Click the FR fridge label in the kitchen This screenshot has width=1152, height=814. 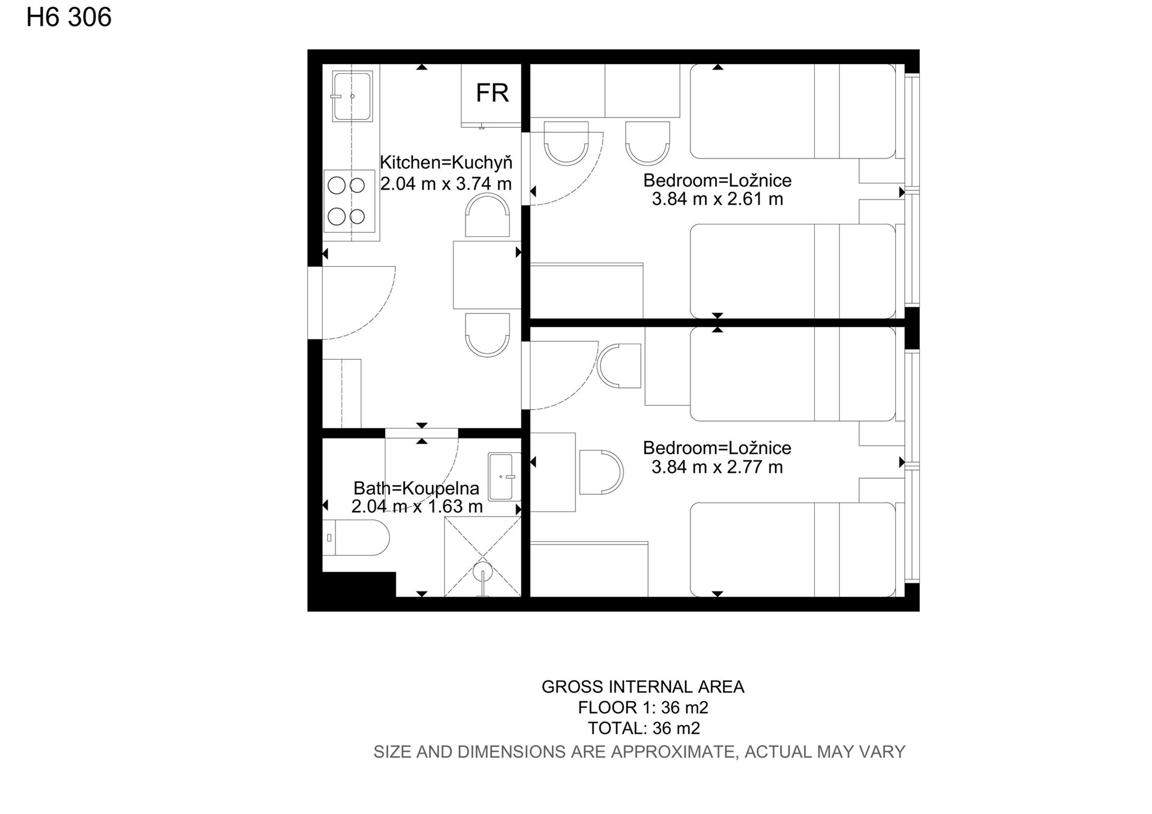(x=492, y=93)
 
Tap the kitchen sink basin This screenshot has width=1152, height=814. (x=352, y=96)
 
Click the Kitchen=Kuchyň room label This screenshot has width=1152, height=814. (x=446, y=162)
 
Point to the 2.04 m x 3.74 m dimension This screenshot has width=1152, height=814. (x=446, y=184)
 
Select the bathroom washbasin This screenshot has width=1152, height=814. (x=504, y=476)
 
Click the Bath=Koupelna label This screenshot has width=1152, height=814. (x=416, y=488)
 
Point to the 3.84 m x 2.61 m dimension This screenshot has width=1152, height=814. (x=718, y=199)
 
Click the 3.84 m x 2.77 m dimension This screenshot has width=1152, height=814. (x=717, y=467)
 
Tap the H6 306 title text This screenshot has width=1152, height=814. (x=69, y=17)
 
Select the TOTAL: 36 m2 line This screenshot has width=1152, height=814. (x=644, y=728)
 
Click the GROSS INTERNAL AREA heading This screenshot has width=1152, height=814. (x=643, y=687)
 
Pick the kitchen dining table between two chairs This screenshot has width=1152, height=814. (x=487, y=275)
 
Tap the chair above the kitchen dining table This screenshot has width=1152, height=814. (x=487, y=215)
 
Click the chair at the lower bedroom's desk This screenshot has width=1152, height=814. (x=601, y=472)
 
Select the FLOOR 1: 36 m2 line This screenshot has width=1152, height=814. (x=643, y=708)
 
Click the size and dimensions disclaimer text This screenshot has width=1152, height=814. (x=639, y=752)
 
